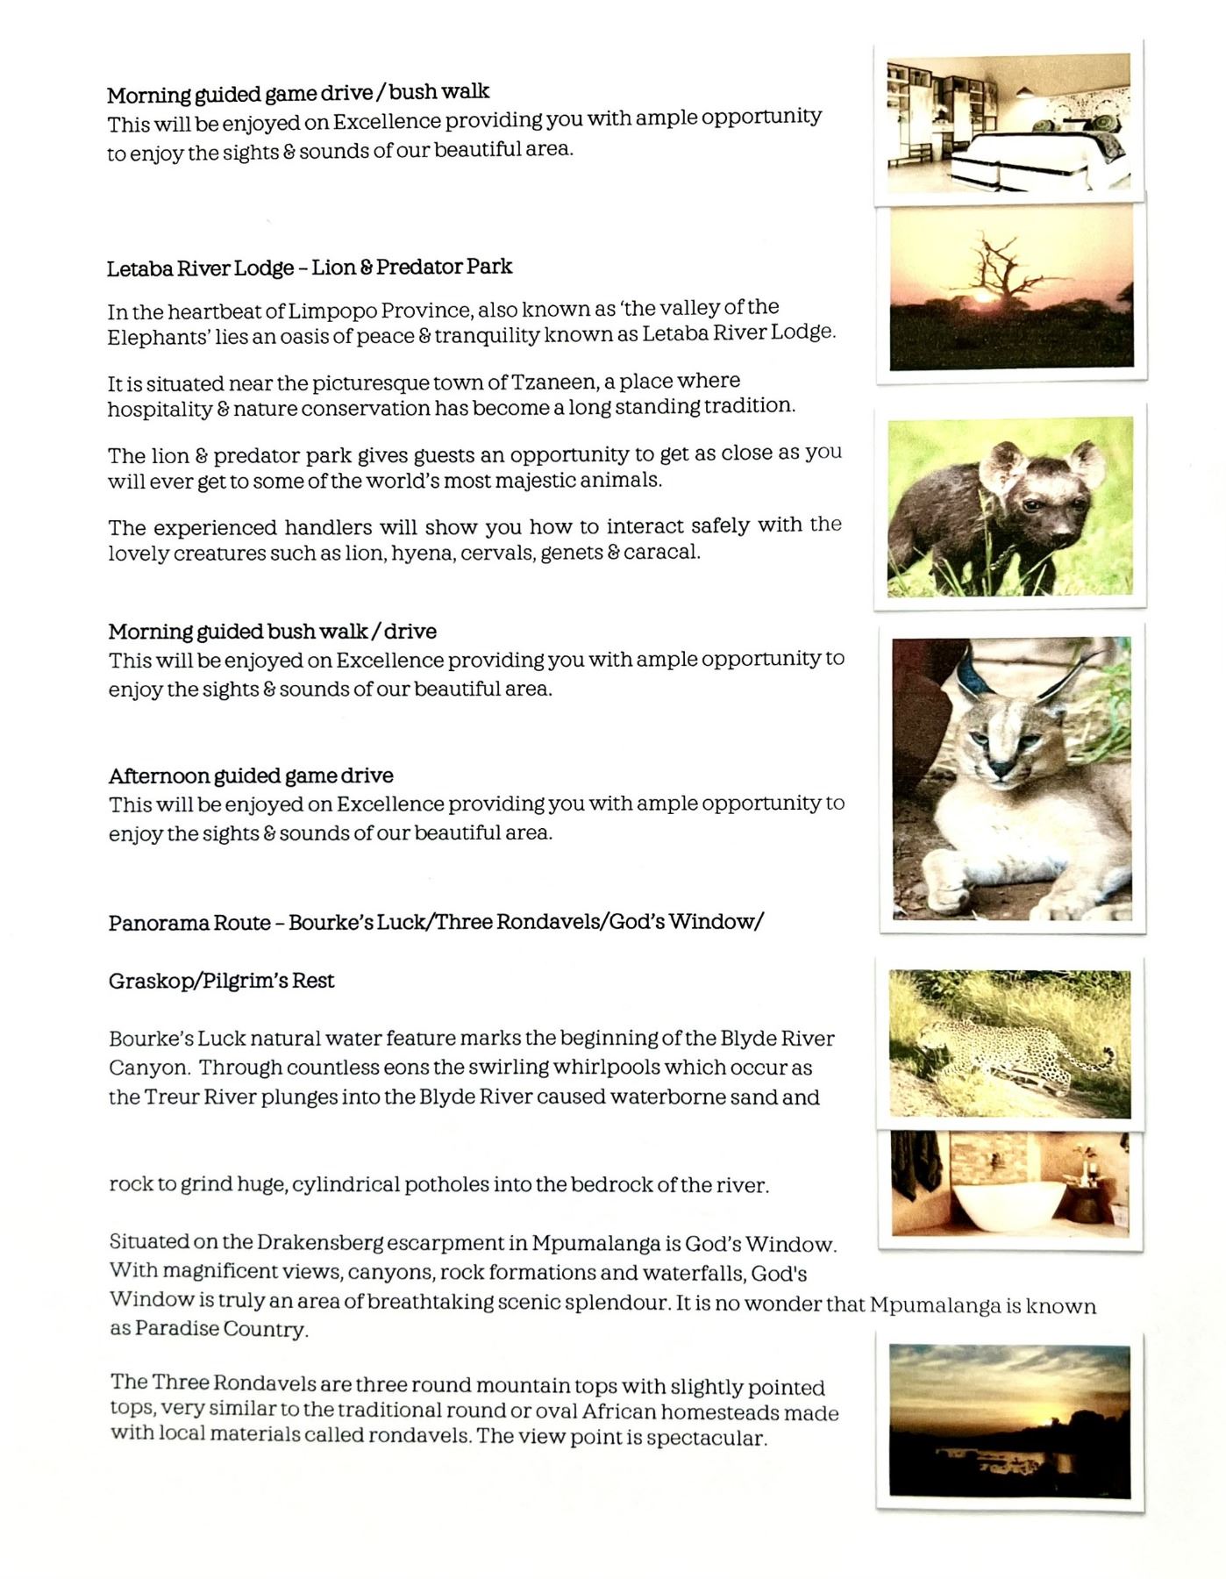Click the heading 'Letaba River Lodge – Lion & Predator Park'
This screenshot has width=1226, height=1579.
310,268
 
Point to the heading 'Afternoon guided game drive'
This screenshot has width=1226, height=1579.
251,776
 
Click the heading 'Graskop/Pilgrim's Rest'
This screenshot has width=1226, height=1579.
222,981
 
